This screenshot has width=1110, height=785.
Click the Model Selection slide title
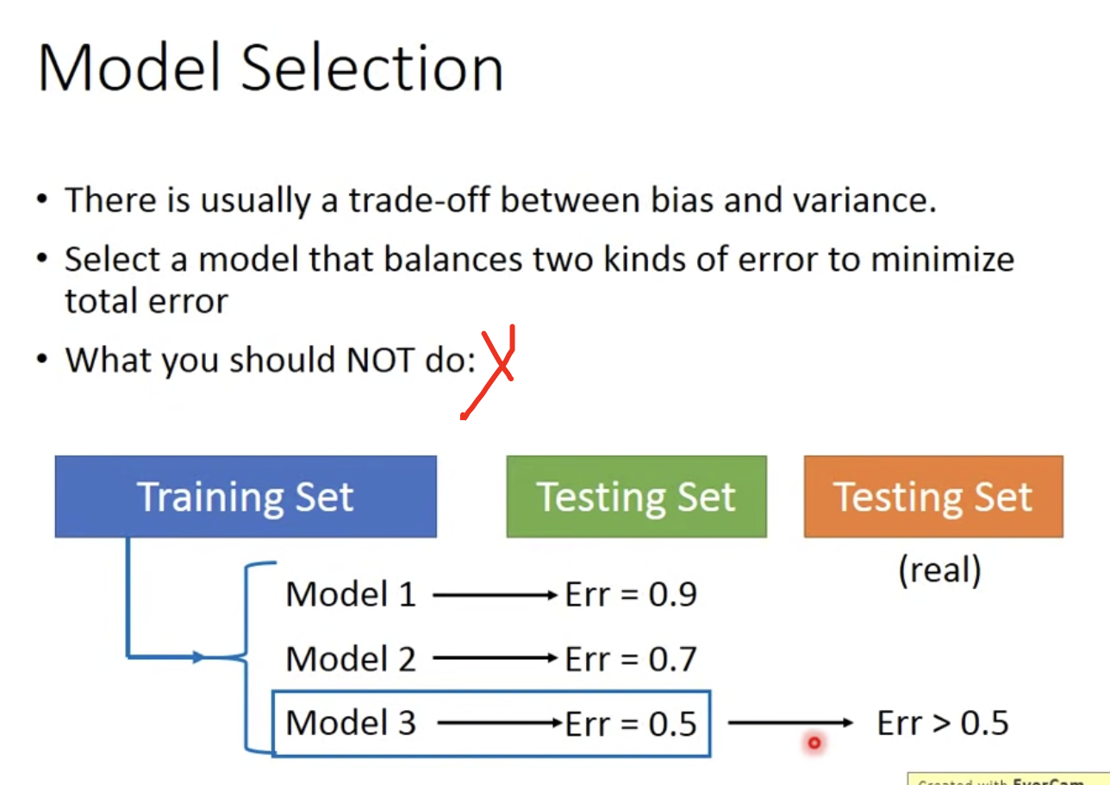(271, 67)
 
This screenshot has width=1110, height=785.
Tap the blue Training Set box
(246, 496)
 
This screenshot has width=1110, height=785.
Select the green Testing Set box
(636, 496)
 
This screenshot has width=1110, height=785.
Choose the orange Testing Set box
(933, 496)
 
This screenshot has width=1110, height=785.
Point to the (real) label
(940, 570)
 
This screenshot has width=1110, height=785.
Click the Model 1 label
(351, 594)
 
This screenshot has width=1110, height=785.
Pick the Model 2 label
(351, 658)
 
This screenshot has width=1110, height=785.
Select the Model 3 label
(351, 723)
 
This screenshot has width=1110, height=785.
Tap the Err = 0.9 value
(631, 594)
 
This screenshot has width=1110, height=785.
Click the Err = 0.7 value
(631, 658)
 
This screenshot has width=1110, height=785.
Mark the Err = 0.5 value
(631, 724)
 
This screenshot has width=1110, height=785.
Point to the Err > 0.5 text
(943, 723)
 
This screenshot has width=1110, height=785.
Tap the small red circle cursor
(814, 743)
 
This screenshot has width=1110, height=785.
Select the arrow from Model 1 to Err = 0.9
(495, 594)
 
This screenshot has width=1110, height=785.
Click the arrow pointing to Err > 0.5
(790, 723)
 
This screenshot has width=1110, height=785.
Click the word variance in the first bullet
(864, 200)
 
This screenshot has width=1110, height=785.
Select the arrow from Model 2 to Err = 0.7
(495, 658)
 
